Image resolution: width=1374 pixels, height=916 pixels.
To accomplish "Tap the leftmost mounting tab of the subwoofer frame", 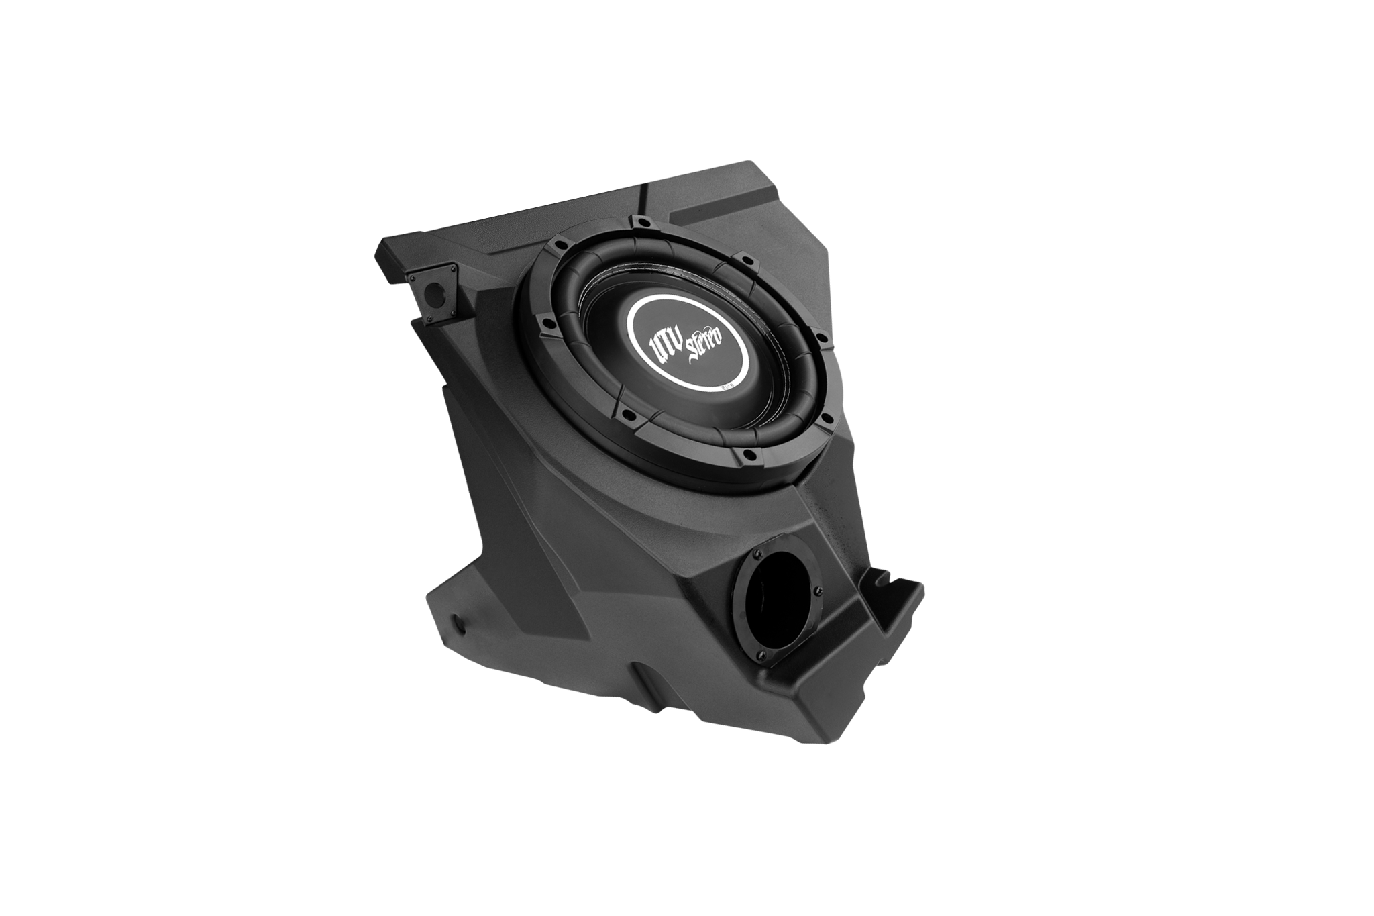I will (549, 328).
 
